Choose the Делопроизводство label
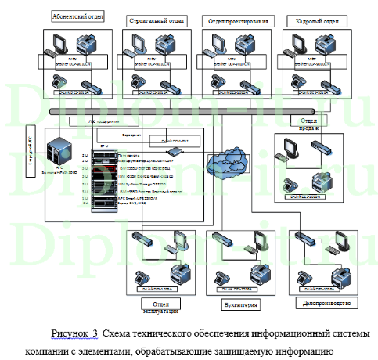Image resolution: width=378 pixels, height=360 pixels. pyautogui.click(x=328, y=302)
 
